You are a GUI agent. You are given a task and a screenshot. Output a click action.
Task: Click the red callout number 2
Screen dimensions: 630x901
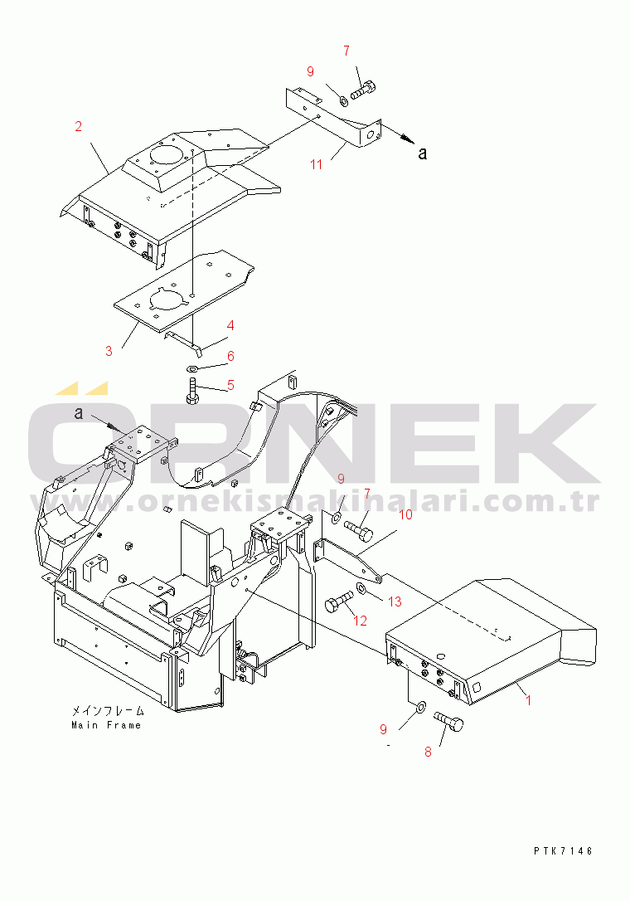click(79, 126)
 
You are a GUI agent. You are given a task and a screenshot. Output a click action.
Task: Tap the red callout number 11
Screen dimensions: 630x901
click(316, 165)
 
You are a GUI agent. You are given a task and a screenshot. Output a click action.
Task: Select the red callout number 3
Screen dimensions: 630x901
click(109, 350)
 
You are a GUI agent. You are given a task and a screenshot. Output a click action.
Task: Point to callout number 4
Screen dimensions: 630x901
click(230, 325)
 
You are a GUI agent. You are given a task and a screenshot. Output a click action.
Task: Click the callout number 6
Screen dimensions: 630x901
click(230, 356)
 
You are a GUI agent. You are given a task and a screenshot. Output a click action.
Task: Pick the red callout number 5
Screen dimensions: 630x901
click(230, 385)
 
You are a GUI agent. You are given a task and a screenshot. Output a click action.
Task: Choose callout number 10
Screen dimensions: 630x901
click(405, 514)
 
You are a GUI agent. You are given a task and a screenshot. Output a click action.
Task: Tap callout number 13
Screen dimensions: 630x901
click(395, 601)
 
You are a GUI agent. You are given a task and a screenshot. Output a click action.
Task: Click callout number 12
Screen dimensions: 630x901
click(360, 621)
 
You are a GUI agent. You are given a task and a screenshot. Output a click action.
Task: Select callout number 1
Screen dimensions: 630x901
click(528, 700)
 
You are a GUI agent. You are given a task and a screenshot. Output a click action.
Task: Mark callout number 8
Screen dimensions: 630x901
click(428, 752)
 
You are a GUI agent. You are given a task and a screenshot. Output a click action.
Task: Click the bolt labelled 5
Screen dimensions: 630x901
click(191, 392)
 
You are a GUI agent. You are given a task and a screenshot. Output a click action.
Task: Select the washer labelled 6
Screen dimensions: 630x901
click(193, 368)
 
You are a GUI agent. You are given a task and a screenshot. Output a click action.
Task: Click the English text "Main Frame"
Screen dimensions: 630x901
click(106, 725)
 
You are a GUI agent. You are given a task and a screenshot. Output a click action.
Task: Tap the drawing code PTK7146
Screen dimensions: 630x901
click(563, 851)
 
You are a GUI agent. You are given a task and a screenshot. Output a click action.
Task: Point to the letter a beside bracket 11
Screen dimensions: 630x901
click(423, 153)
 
